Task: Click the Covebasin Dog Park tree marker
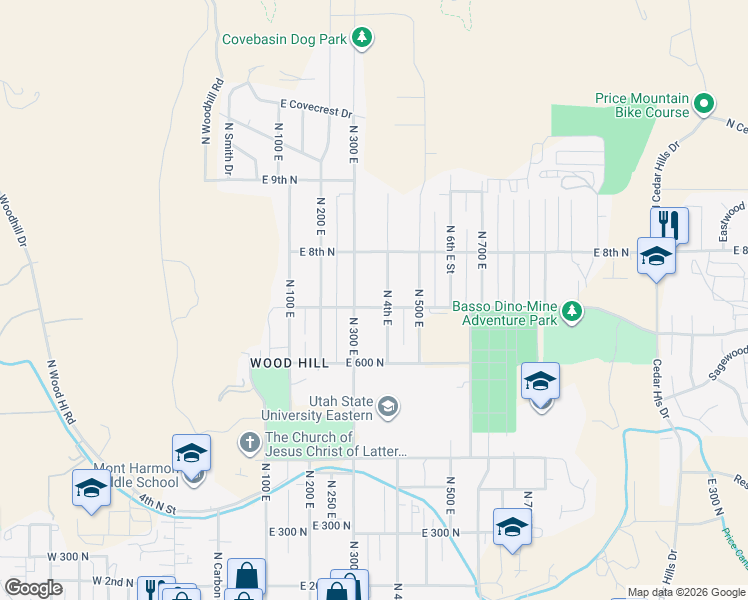point(361,39)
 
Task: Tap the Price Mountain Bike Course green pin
point(703,104)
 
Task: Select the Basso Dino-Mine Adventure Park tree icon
point(571,312)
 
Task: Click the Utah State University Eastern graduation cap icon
point(388,407)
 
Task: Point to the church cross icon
point(250,440)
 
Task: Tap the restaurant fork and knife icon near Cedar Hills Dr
point(669,224)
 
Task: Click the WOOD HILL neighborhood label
point(288,363)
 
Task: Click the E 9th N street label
point(281,181)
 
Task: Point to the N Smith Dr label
point(228,149)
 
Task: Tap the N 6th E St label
point(450,248)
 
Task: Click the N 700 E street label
point(481,249)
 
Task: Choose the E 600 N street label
point(366,363)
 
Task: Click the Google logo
point(33,588)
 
